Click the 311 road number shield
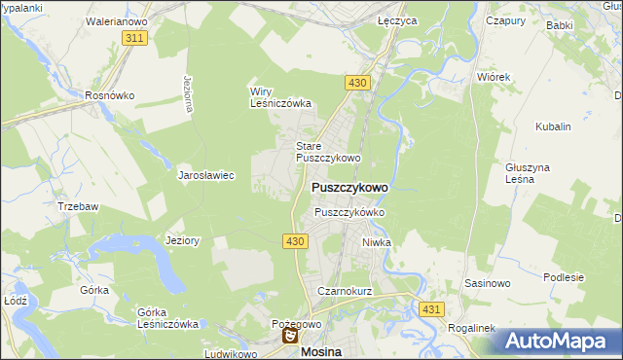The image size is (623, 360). (x=135, y=37)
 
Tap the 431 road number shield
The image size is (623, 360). (x=433, y=308)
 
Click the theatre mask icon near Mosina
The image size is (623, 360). (x=289, y=337)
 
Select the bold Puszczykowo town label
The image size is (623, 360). (x=349, y=187)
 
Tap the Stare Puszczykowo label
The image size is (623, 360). (x=328, y=151)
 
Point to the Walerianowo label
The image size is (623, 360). (x=116, y=19)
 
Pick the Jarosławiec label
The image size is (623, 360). (x=205, y=176)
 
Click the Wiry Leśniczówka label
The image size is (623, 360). (x=280, y=97)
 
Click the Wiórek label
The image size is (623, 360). (x=495, y=75)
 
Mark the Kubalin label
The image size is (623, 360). (x=553, y=126)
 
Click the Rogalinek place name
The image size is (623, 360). (x=472, y=328)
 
